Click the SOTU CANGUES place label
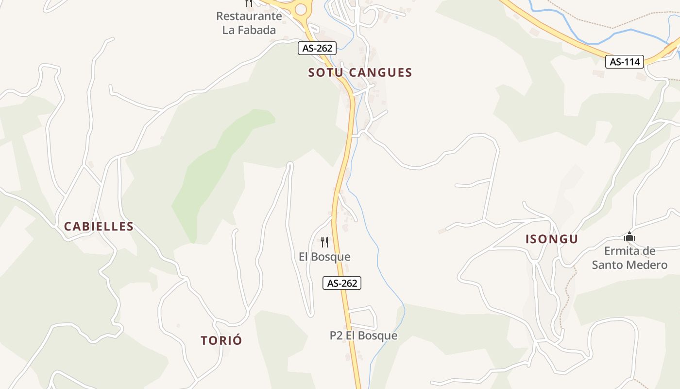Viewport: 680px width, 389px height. [x=360, y=73]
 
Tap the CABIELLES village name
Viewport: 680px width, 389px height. [x=99, y=227]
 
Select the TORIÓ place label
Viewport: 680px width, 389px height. [x=221, y=341]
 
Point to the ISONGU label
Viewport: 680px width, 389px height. [x=552, y=239]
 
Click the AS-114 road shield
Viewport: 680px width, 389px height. [x=625, y=62]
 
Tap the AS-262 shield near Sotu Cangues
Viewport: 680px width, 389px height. [x=317, y=48]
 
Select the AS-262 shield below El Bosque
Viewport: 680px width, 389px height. [x=342, y=283]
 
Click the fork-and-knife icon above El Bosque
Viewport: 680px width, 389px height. [x=324, y=242]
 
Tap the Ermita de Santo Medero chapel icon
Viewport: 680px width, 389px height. [x=629, y=237]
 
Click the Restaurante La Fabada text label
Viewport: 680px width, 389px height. [x=249, y=23]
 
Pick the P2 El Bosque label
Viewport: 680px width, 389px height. [x=363, y=336]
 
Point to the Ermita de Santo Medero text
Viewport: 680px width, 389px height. [x=629, y=258]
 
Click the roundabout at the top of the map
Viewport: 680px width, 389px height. [x=301, y=9]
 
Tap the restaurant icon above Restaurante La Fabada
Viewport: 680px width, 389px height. [x=249, y=3]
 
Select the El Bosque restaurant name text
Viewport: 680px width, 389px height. [x=324, y=257]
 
